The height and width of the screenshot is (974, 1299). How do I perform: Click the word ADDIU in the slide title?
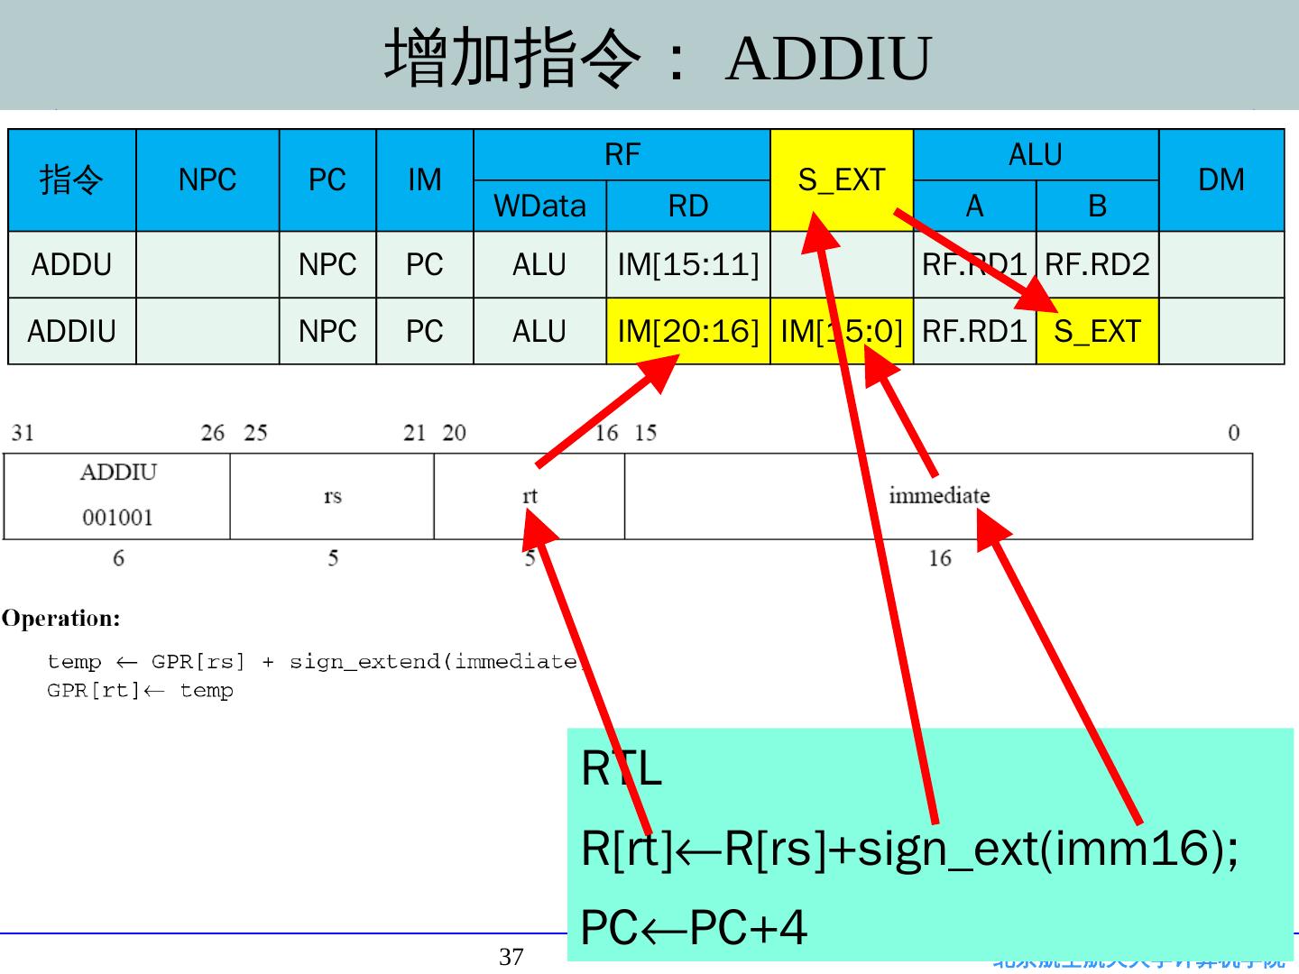pos(827,60)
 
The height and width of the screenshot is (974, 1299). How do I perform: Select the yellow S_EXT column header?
pos(841,179)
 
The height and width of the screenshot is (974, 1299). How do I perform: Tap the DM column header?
pos(1221,179)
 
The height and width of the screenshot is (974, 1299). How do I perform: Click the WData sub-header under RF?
pos(539,207)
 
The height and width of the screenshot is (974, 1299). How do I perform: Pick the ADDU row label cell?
pos(71,264)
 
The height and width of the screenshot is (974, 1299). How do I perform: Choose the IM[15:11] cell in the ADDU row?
pos(687,264)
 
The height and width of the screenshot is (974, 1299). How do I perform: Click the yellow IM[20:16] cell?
pos(687,331)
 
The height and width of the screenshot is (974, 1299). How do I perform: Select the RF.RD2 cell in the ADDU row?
pos(1097,264)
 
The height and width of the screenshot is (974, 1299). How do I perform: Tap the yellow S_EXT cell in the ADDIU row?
pos(1097,331)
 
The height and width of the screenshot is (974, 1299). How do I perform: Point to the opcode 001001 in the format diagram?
pos(117,518)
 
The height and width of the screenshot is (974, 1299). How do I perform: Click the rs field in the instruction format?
pos(332,496)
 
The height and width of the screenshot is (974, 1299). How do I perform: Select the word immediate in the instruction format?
pos(939,496)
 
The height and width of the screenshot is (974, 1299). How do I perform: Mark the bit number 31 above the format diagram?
pos(23,433)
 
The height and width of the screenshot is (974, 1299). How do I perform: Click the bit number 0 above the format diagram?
pos(1233,433)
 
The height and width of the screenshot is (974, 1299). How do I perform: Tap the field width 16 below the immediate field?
pos(939,558)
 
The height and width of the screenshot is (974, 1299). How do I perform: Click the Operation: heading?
pos(60,619)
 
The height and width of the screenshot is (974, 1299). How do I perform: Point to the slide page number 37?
pos(511,957)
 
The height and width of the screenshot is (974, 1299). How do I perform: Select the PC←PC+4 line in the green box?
pos(693,927)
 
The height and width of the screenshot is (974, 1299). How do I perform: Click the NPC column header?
pos(207,179)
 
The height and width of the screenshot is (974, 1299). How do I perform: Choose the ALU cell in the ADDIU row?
pos(539,331)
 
